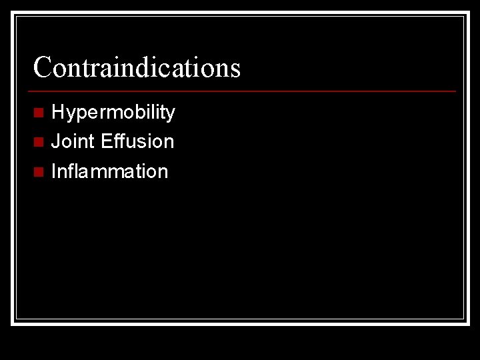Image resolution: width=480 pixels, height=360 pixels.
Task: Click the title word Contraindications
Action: (137, 67)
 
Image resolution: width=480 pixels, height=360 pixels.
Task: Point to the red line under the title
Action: (244, 91)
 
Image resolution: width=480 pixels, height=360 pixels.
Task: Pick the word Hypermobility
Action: (113, 113)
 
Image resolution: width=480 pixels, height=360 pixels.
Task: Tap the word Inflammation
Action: (109, 171)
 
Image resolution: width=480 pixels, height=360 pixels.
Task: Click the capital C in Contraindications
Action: (42, 67)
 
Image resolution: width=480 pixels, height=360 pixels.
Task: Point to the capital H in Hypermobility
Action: (58, 112)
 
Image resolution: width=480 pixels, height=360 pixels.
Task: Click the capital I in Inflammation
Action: (53, 171)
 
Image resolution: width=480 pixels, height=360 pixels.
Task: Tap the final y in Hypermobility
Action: (171, 115)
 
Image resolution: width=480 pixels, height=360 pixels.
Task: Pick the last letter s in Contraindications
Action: (235, 69)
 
